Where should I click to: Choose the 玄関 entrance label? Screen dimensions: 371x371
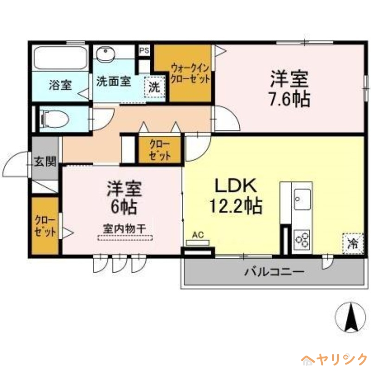click(x=45, y=162)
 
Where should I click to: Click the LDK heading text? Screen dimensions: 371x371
click(x=235, y=185)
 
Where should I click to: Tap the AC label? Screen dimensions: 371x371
click(x=198, y=235)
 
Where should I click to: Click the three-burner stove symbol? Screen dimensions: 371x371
click(x=302, y=239)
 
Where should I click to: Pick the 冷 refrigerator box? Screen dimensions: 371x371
click(x=352, y=243)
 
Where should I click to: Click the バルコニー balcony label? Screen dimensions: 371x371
click(x=275, y=271)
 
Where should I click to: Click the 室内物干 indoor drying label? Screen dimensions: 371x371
click(x=125, y=229)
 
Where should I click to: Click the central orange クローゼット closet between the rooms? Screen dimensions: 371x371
click(x=160, y=149)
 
